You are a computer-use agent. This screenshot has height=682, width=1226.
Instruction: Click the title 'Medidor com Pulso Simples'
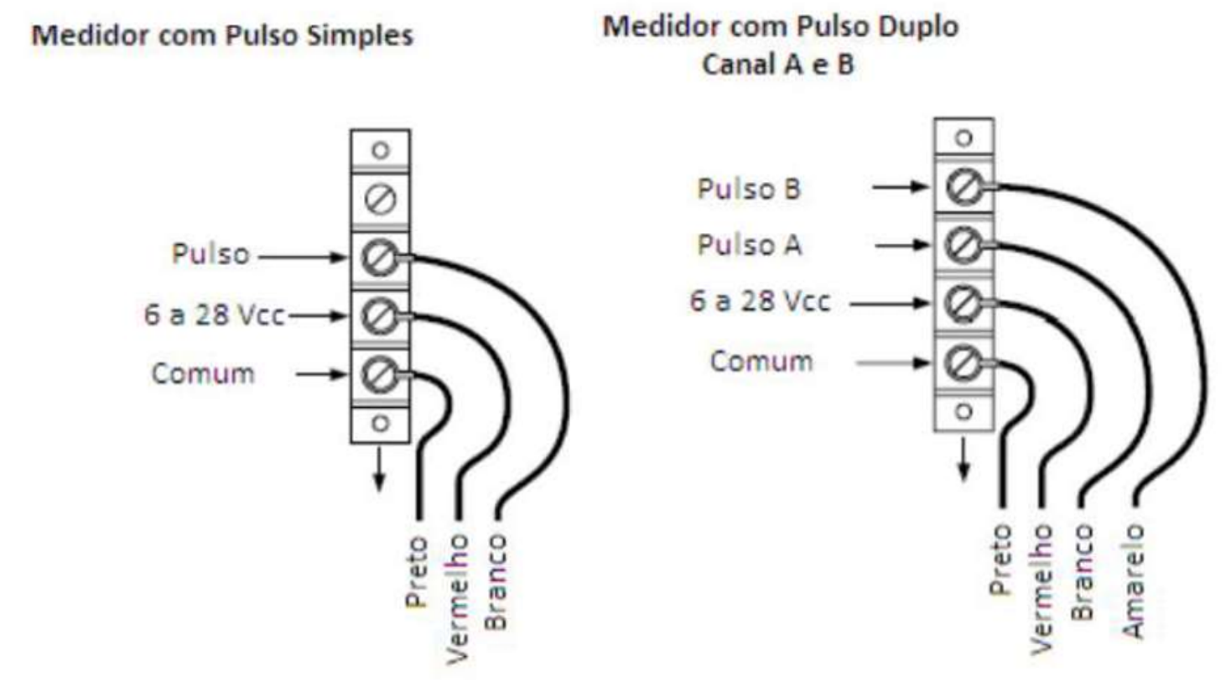point(222,36)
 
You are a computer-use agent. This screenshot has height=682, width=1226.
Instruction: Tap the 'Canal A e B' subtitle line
point(777,65)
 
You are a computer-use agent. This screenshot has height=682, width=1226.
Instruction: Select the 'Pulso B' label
point(749,189)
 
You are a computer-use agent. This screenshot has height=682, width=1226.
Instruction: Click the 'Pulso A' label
point(750,245)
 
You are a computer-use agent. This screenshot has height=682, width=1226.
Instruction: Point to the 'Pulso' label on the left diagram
point(210,254)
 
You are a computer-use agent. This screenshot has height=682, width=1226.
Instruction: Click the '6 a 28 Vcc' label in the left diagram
point(215,315)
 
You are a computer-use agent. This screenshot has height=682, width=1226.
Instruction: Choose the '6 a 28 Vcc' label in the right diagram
point(760,302)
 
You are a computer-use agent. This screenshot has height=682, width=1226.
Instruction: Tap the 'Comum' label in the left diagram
point(203,374)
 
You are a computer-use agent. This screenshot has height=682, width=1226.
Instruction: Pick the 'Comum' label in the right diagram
point(761,362)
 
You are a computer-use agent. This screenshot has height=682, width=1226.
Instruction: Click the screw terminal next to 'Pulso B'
point(964,186)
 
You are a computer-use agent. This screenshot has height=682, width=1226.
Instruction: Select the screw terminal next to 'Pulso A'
point(964,245)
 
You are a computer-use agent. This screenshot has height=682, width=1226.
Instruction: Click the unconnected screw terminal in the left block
point(381,200)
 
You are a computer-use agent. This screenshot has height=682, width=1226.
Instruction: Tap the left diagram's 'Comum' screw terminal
point(380,374)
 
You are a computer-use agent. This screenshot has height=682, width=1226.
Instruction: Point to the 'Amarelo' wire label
point(1133,581)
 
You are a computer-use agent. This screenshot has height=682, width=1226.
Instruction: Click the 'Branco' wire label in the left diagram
point(496,582)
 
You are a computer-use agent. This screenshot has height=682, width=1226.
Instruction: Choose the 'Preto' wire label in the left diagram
point(417,571)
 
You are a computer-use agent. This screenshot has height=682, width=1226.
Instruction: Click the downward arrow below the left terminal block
point(379,468)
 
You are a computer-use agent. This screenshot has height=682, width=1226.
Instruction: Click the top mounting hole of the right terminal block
point(964,138)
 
